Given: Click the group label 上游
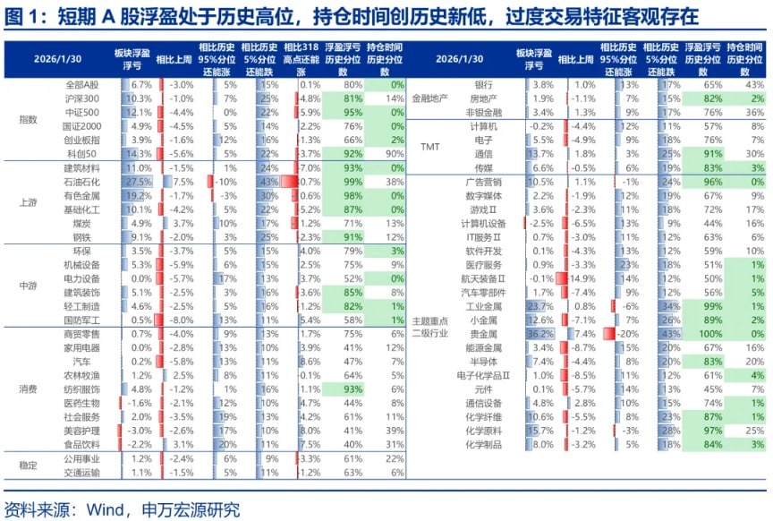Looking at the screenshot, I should pyautogui.click(x=30, y=202).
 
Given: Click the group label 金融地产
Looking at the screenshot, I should pyautogui.click(x=429, y=98).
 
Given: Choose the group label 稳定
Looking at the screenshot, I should pyautogui.click(x=30, y=465).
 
